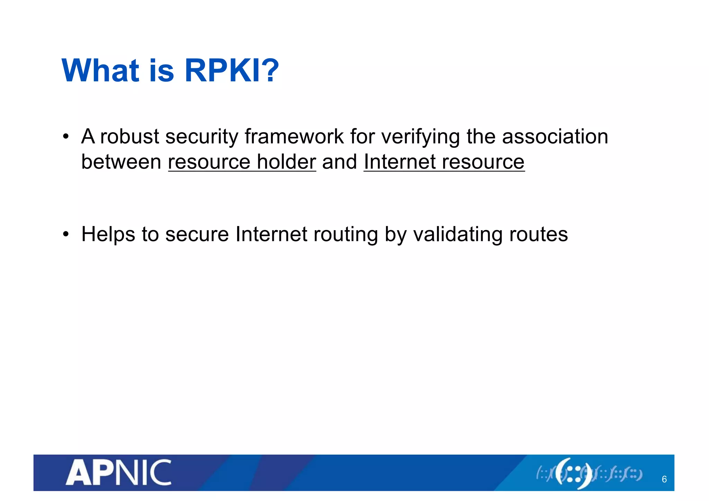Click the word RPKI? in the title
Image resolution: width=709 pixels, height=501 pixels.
pyautogui.click(x=232, y=71)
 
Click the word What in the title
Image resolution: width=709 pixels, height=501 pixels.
pyautogui.click(x=100, y=71)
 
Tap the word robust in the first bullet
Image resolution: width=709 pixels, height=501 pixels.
pyautogui.click(x=129, y=136)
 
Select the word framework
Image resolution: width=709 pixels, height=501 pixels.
pyautogui.click(x=294, y=136)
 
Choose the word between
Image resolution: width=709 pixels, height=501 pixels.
pyautogui.click(x=121, y=162)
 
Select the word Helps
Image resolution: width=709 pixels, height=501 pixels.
pyautogui.click(x=108, y=235)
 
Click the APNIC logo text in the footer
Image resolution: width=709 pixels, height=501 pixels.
pyautogui.click(x=118, y=473)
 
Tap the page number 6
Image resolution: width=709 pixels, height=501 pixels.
pyautogui.click(x=664, y=479)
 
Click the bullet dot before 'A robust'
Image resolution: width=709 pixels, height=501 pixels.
pyautogui.click(x=66, y=136)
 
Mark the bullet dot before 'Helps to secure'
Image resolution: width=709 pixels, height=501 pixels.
pyautogui.click(x=66, y=234)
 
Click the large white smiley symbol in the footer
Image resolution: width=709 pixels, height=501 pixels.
pyautogui.click(x=574, y=473)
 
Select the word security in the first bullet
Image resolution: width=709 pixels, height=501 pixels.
pyautogui.click(x=202, y=136)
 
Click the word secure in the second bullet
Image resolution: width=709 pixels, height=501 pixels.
pyautogui.click(x=197, y=235)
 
